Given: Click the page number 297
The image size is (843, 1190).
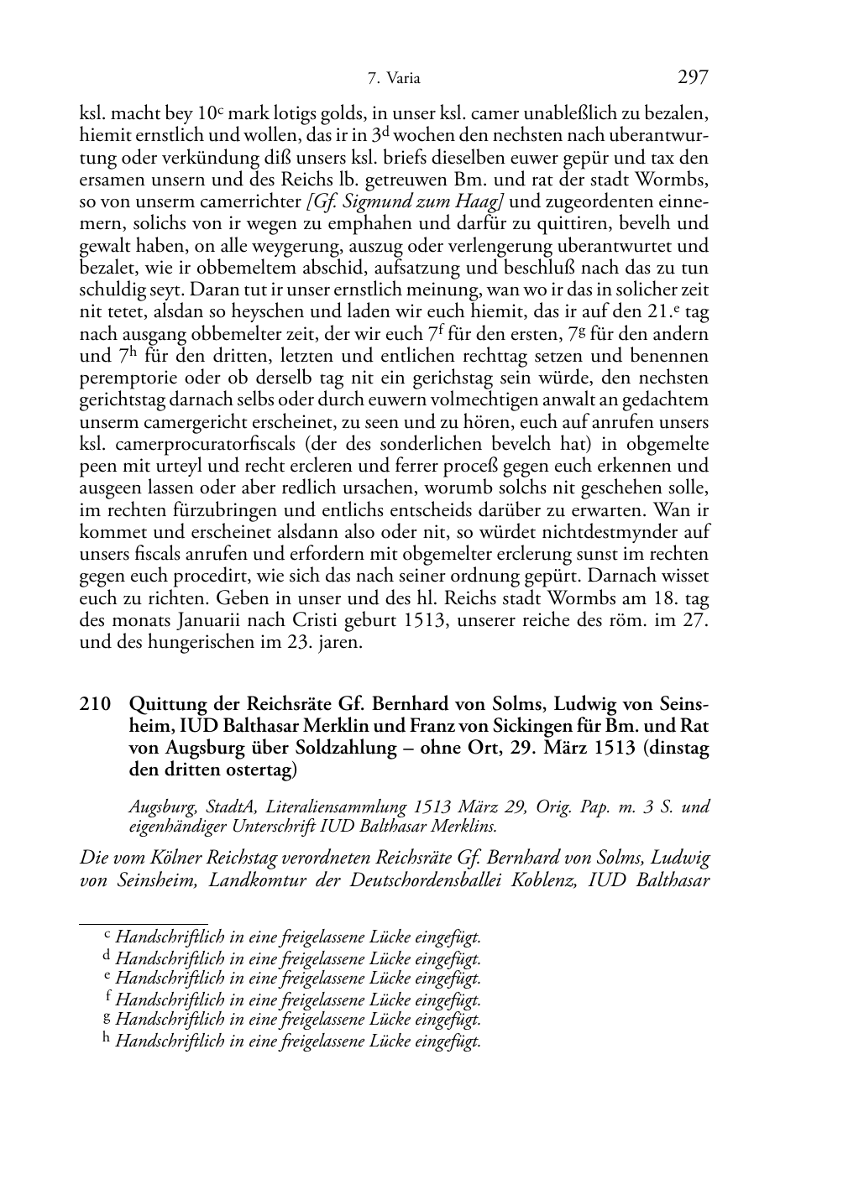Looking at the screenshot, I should [693, 78].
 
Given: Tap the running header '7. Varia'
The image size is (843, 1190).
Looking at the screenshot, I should [394, 80].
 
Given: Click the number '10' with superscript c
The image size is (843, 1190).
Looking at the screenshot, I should [206, 113].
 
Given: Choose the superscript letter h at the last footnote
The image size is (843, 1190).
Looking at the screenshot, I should [106, 1039].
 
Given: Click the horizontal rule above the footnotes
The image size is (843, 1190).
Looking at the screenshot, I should [144, 922].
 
